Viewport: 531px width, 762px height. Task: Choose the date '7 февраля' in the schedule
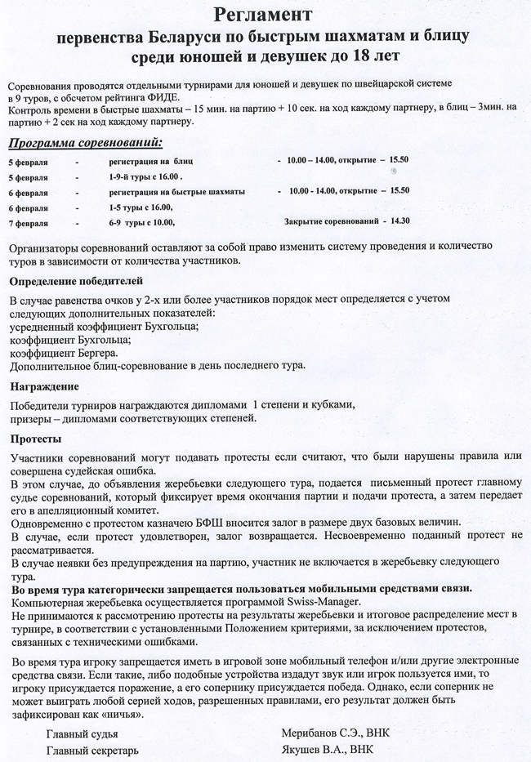tap(27, 222)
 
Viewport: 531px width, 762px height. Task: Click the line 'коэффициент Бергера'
tap(63, 353)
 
